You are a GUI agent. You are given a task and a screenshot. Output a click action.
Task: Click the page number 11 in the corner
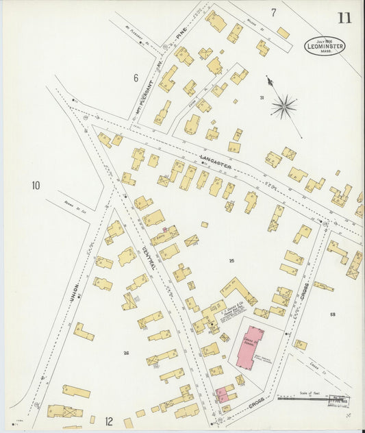344,17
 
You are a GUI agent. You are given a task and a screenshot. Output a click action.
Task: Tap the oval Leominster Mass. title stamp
325,45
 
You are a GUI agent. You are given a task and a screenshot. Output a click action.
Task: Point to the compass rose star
283,106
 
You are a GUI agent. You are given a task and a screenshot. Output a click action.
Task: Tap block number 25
231,261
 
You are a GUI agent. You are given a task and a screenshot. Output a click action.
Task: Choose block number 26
125,353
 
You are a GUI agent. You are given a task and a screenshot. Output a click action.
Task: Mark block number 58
332,314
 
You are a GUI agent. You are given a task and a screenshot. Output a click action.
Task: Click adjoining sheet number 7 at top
273,12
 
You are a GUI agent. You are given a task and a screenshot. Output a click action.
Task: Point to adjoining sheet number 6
136,78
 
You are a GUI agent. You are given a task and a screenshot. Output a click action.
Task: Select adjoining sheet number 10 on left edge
36,185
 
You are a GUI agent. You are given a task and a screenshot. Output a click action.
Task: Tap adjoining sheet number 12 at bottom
108,421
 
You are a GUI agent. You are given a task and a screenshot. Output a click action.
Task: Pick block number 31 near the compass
262,98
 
